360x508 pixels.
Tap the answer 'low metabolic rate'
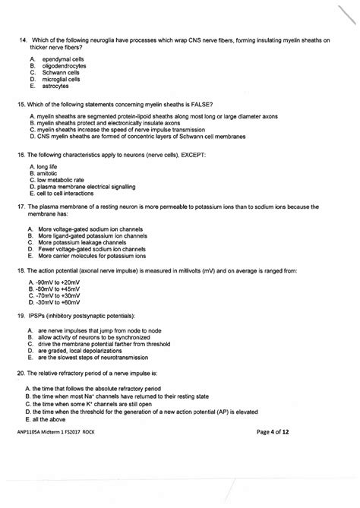click(x=60, y=179)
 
